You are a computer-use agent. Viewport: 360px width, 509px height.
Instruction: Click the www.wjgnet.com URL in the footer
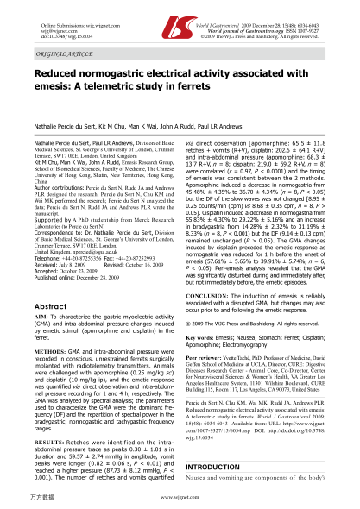(180, 499)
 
